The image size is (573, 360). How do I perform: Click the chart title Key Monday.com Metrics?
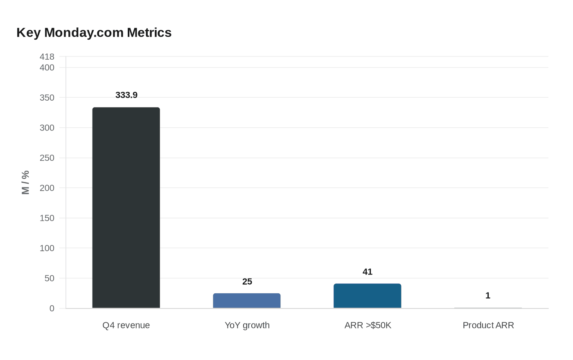click(x=94, y=33)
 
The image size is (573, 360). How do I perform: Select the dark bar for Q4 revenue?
click(x=126, y=208)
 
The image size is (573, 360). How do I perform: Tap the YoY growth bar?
click(x=247, y=301)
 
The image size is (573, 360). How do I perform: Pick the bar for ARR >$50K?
click(x=368, y=296)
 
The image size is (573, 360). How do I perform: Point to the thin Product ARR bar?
click(x=488, y=308)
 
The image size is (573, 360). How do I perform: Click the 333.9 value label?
click(x=126, y=95)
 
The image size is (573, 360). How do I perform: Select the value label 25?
click(x=247, y=281)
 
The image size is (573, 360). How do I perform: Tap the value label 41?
click(x=368, y=272)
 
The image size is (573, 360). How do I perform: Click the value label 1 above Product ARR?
click(x=488, y=295)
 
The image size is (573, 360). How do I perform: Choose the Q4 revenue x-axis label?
click(x=126, y=325)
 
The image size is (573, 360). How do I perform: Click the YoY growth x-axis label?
click(x=247, y=325)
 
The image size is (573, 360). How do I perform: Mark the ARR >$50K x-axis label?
click(x=368, y=325)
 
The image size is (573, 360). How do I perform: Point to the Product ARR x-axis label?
click(x=488, y=325)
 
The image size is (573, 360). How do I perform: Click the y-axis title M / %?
click(x=25, y=182)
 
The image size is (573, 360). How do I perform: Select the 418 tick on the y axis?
click(x=47, y=56)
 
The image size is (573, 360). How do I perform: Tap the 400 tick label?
click(x=47, y=67)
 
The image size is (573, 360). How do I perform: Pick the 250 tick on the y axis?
click(x=47, y=158)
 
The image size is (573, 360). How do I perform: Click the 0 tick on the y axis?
click(x=52, y=308)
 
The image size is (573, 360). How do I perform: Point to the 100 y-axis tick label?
click(x=47, y=248)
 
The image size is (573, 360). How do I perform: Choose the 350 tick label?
click(x=47, y=98)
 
